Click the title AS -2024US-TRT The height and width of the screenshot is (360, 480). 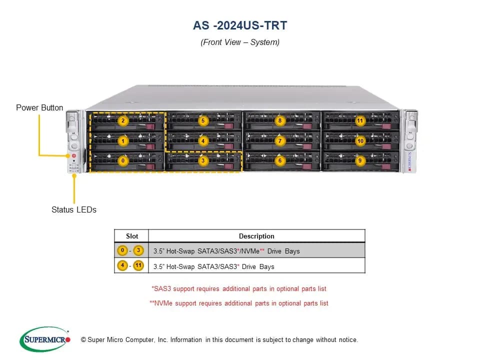point(240,25)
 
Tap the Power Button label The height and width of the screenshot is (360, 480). point(39,108)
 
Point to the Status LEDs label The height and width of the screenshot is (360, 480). point(74,209)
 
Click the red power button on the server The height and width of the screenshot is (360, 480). point(74,156)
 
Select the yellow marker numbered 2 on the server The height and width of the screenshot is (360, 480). point(123,120)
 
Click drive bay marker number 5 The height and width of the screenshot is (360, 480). point(203,120)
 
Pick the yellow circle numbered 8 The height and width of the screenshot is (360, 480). point(280,120)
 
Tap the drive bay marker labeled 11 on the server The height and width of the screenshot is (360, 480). point(360,120)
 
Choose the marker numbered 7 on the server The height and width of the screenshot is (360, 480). point(280,141)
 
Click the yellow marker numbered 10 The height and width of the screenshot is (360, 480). point(360,141)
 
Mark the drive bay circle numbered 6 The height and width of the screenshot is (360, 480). point(280,160)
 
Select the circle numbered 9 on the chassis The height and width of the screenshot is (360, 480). point(360,160)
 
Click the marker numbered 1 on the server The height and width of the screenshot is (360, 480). point(123,141)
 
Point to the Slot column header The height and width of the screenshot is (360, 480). point(132,236)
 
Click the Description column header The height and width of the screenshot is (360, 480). point(256,236)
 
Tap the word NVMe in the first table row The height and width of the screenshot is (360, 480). point(250,251)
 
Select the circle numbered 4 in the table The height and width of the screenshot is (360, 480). point(122,265)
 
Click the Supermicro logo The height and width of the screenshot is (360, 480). point(45,339)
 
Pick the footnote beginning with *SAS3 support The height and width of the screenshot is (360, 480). point(239,288)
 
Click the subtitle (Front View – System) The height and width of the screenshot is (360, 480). point(240,42)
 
